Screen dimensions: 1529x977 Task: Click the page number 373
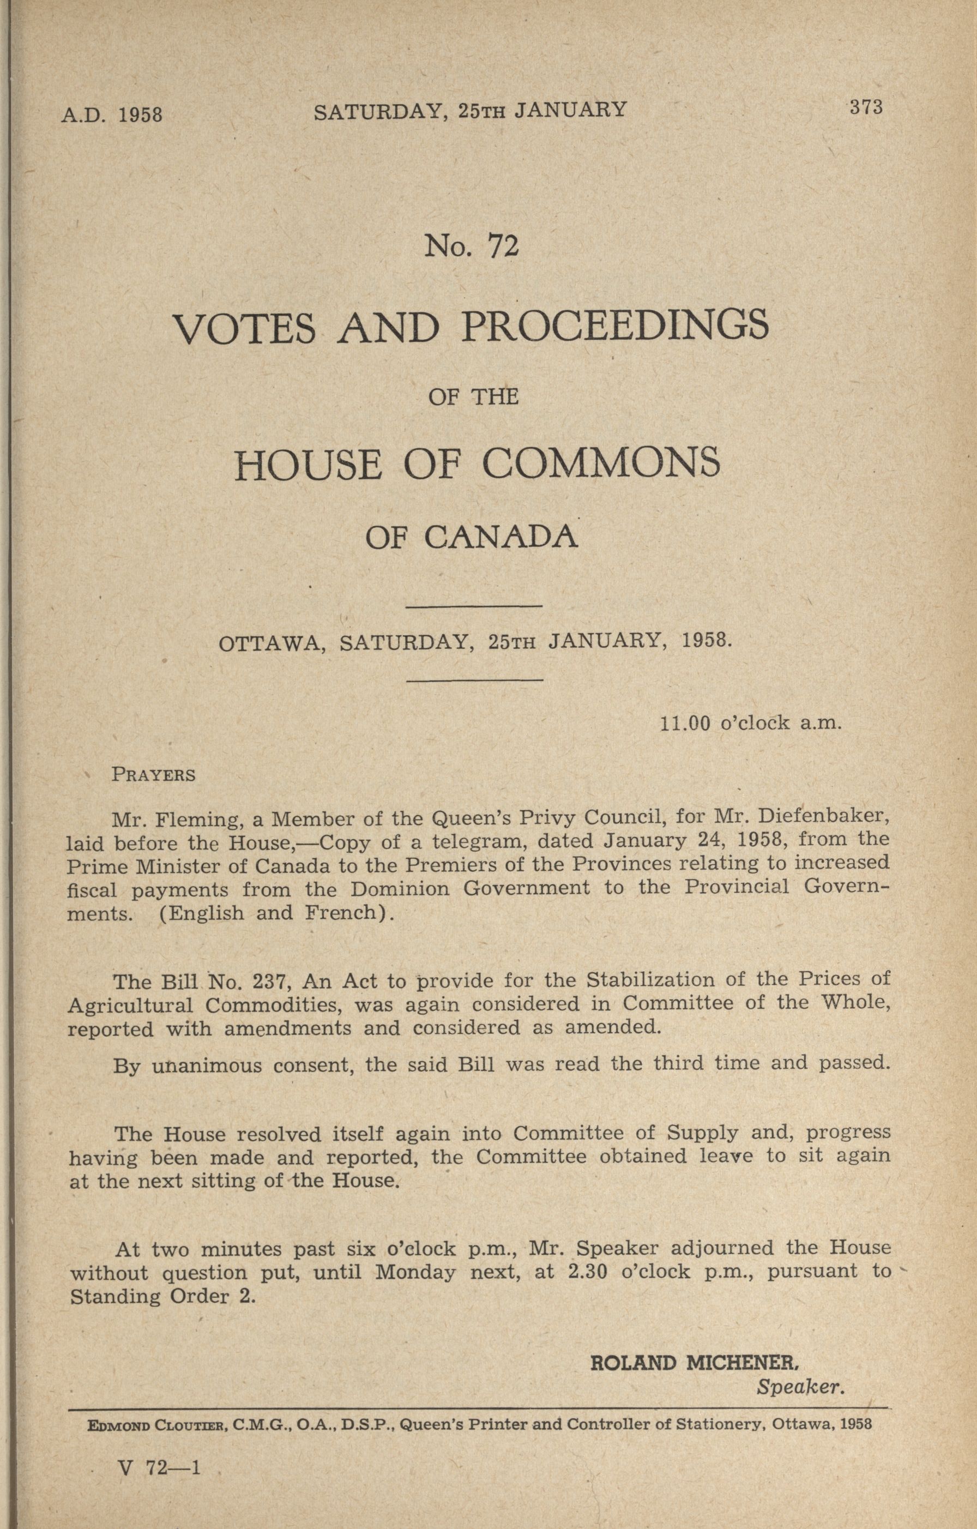[x=866, y=107]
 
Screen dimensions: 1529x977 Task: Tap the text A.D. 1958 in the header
[x=112, y=115]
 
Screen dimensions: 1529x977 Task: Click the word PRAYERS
[x=153, y=775]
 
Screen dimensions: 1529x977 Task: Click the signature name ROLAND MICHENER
[x=694, y=1363]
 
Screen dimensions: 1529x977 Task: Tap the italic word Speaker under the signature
[x=800, y=1387]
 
